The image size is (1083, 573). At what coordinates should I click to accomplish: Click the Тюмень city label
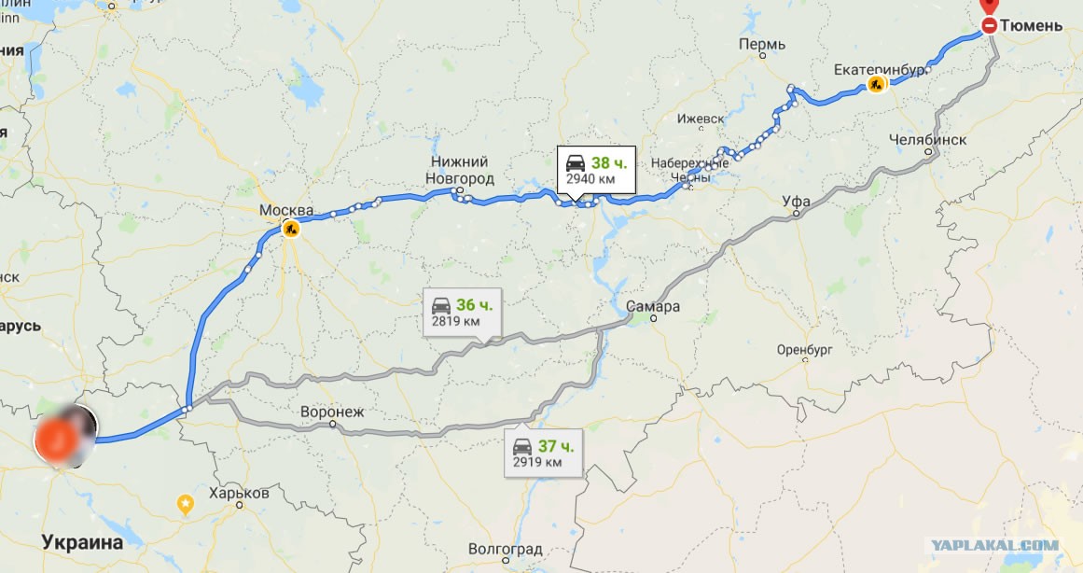click(1031, 26)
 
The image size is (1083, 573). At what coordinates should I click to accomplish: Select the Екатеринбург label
click(880, 69)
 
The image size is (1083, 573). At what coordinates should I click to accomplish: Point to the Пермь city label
click(761, 44)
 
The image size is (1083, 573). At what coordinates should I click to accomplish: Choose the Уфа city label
click(796, 201)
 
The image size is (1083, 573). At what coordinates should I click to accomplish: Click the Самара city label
click(653, 306)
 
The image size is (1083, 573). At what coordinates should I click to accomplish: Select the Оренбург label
click(803, 351)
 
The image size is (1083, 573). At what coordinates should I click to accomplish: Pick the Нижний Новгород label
click(460, 170)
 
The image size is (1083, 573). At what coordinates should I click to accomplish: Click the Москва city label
click(285, 210)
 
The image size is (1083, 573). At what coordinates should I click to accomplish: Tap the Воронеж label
click(332, 411)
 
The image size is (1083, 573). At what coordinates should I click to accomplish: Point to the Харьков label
click(240, 493)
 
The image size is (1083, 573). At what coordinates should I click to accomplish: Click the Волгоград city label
click(505, 549)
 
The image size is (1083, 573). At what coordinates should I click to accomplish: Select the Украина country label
click(82, 542)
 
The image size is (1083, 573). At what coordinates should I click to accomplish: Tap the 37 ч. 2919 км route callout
click(544, 454)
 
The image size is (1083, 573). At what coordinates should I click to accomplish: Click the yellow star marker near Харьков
click(186, 504)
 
